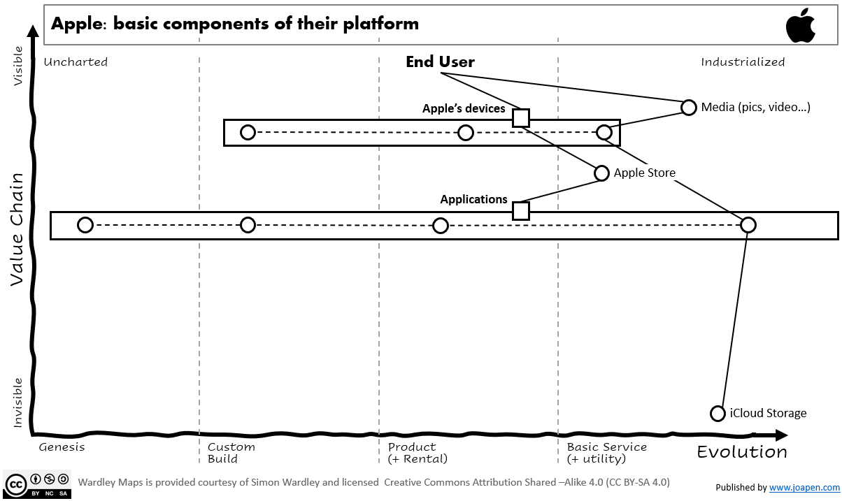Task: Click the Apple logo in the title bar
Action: [x=801, y=27]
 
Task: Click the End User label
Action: [x=440, y=62]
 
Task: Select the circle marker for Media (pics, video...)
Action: [x=689, y=107]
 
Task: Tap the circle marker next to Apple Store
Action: [x=602, y=173]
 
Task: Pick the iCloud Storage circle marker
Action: [x=718, y=413]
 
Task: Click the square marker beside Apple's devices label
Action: [x=520, y=117]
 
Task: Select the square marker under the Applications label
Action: [x=520, y=211]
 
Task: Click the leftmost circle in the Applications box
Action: [x=85, y=225]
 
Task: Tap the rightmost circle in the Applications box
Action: [x=748, y=225]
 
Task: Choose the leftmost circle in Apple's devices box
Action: [x=248, y=132]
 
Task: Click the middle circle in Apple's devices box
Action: [x=466, y=132]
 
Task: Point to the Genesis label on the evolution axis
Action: [x=62, y=447]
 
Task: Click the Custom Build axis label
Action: [x=231, y=453]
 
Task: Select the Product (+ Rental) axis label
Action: [x=417, y=453]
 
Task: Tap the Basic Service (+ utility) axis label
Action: [x=606, y=453]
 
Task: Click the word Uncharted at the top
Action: [x=76, y=62]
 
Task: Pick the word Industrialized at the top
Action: [x=743, y=62]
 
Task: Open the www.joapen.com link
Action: [x=804, y=488]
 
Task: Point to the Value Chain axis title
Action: [x=19, y=231]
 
